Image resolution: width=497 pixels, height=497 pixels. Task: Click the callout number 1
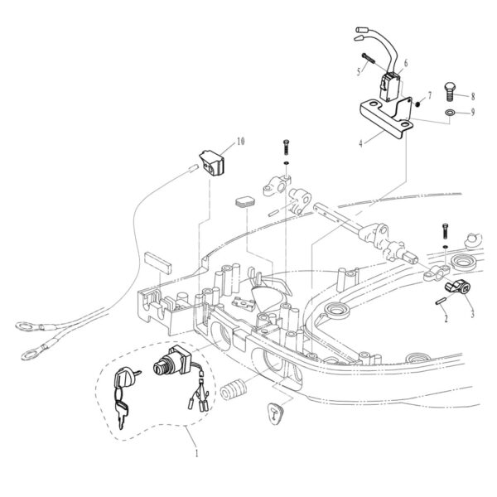click(196, 453)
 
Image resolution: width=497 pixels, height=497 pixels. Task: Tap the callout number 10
click(240, 141)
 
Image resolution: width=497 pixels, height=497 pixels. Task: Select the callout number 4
click(360, 143)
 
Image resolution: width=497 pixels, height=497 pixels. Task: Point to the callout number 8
click(473, 96)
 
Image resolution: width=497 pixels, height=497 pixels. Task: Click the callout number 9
click(473, 112)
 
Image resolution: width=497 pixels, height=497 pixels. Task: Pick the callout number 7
click(429, 95)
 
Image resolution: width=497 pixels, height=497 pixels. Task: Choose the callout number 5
click(359, 71)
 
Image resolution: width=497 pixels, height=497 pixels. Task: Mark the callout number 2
click(446, 318)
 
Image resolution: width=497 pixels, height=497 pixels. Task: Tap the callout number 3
click(472, 314)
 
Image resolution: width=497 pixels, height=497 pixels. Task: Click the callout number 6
click(406, 64)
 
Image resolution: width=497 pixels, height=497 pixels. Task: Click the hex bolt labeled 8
click(449, 92)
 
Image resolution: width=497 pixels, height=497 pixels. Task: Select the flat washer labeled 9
click(450, 112)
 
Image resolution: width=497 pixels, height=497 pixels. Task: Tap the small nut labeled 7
click(417, 104)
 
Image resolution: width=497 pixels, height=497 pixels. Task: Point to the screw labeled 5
click(369, 58)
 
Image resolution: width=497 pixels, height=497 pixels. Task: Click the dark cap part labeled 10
click(212, 162)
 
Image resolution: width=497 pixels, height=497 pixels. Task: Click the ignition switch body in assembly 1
click(172, 360)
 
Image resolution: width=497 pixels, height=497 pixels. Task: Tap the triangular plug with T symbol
click(276, 413)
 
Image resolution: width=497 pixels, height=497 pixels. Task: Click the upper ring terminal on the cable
click(29, 326)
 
